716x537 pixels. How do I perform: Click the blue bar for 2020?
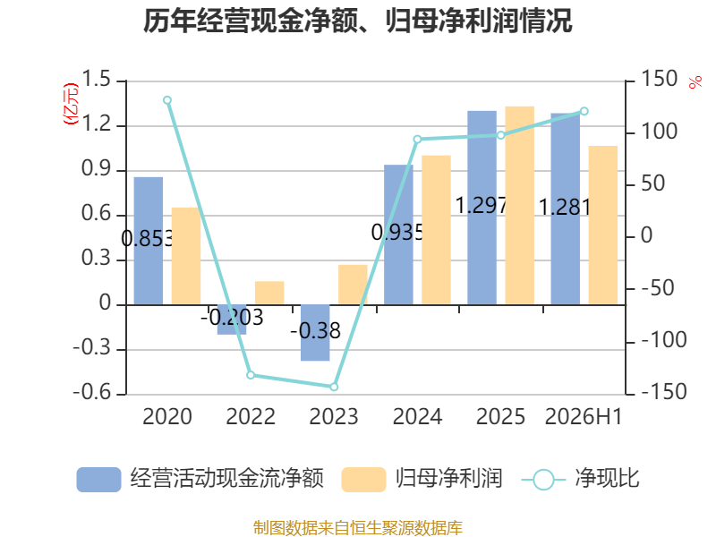(x=149, y=241)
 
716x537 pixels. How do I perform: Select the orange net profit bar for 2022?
(x=269, y=294)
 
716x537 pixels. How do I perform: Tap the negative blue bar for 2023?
(x=315, y=333)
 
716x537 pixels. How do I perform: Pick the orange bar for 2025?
(x=520, y=206)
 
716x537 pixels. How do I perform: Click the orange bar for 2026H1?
(x=602, y=226)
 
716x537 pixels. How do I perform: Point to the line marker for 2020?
(x=167, y=100)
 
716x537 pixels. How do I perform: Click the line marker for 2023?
(x=334, y=387)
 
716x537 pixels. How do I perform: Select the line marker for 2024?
(x=417, y=140)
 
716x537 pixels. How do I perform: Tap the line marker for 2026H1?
(x=584, y=111)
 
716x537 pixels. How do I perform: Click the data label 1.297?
(x=482, y=206)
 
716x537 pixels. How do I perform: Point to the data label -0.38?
(x=316, y=330)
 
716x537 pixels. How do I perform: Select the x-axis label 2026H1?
(x=584, y=416)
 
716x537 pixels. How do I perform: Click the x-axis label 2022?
(x=251, y=416)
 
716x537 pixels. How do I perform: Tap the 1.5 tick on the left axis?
(x=96, y=79)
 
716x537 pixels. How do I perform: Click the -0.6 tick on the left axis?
(x=92, y=392)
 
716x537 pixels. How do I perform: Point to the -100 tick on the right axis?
(x=663, y=340)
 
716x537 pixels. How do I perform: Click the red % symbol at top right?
(x=695, y=82)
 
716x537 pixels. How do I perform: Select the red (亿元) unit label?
(x=71, y=104)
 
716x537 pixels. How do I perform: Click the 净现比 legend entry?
(x=580, y=479)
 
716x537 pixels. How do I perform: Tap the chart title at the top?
(x=357, y=21)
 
